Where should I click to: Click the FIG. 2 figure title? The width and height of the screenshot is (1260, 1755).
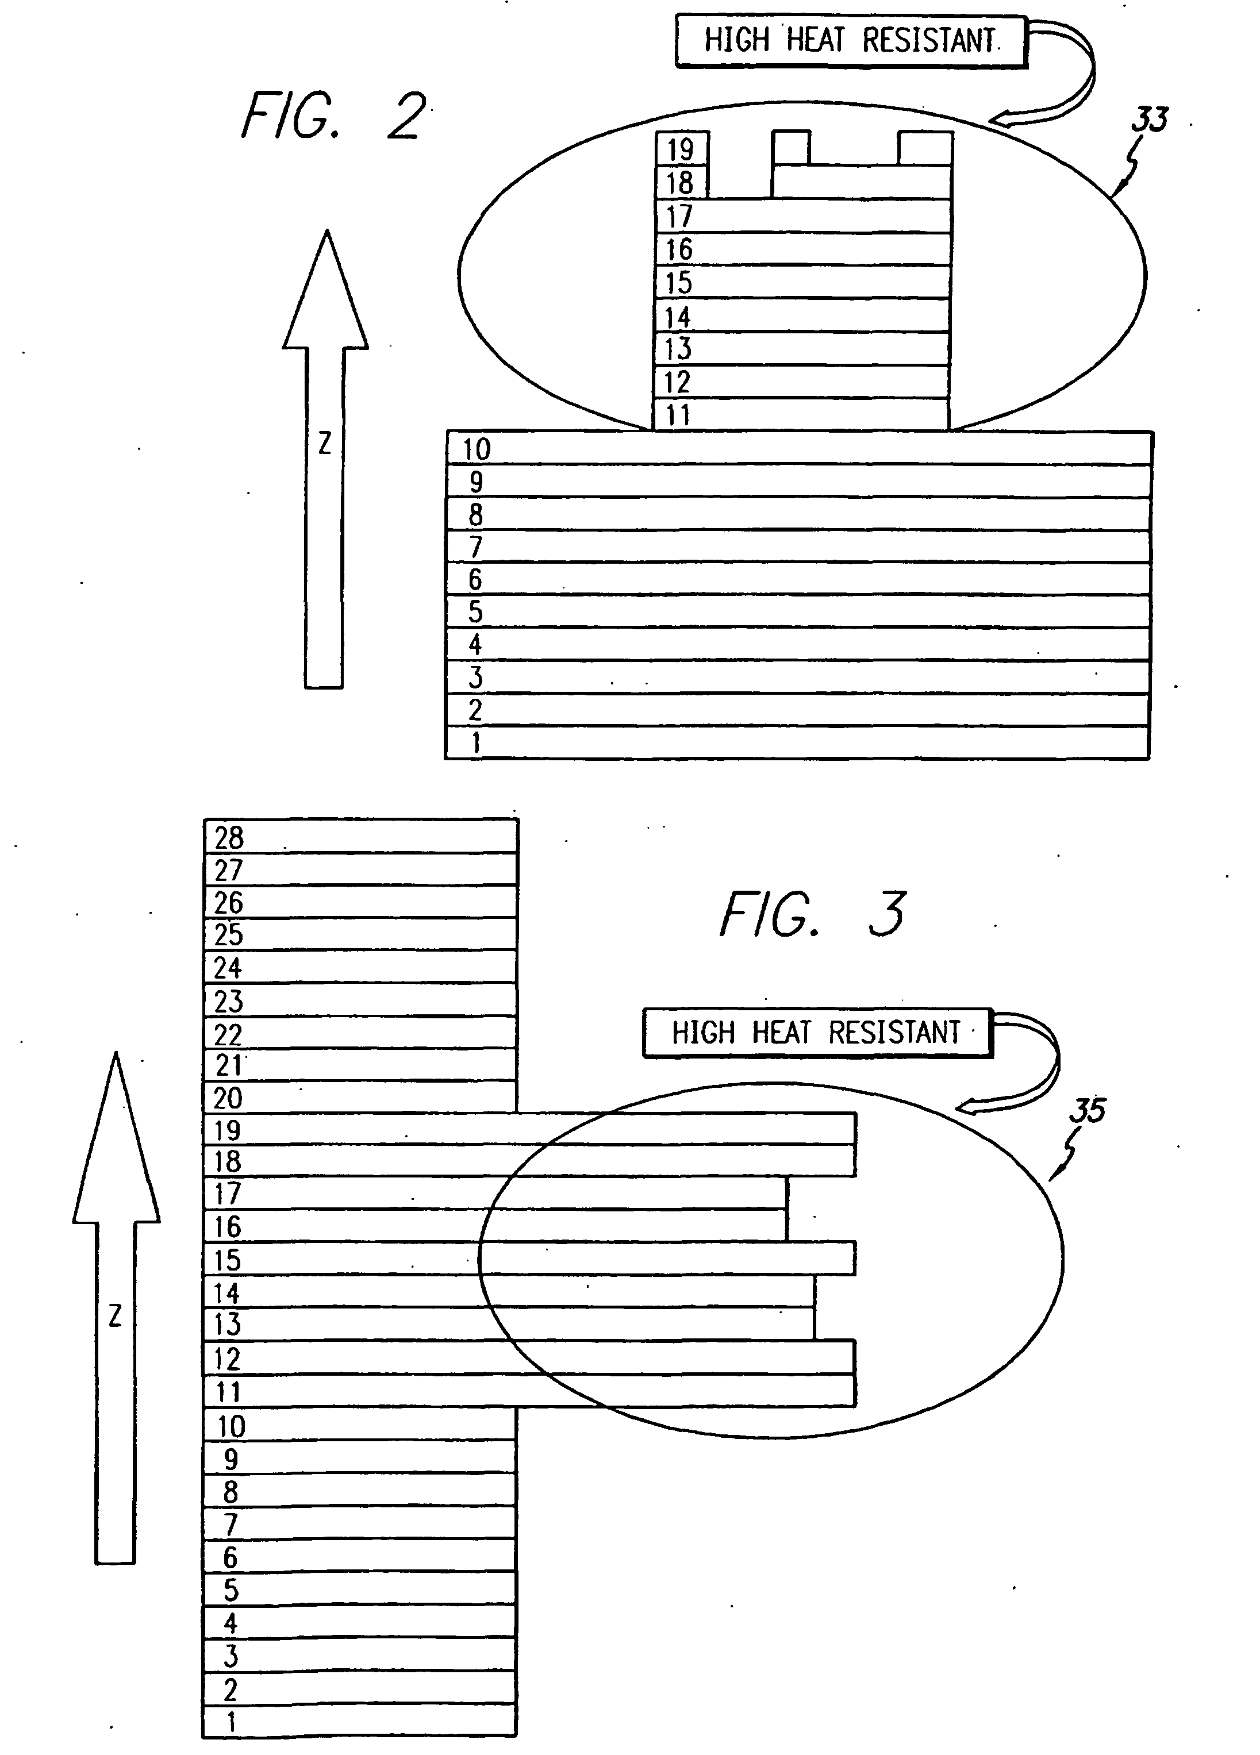(333, 116)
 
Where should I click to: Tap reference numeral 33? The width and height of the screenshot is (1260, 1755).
(1149, 121)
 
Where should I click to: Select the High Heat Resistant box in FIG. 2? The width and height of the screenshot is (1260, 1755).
(851, 41)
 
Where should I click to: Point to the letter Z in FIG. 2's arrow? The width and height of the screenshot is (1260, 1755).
(324, 444)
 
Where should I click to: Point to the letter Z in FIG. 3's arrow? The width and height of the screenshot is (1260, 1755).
(116, 1316)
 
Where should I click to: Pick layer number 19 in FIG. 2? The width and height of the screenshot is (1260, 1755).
(681, 149)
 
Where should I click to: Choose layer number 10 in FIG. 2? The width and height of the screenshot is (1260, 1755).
(477, 449)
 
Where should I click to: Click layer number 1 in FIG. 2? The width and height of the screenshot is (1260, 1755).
(476, 743)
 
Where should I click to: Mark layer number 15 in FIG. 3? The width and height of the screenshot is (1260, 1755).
(228, 1261)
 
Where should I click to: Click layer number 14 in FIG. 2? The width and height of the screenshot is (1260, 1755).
(677, 317)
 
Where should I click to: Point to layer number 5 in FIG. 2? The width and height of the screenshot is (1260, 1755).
(475, 612)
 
